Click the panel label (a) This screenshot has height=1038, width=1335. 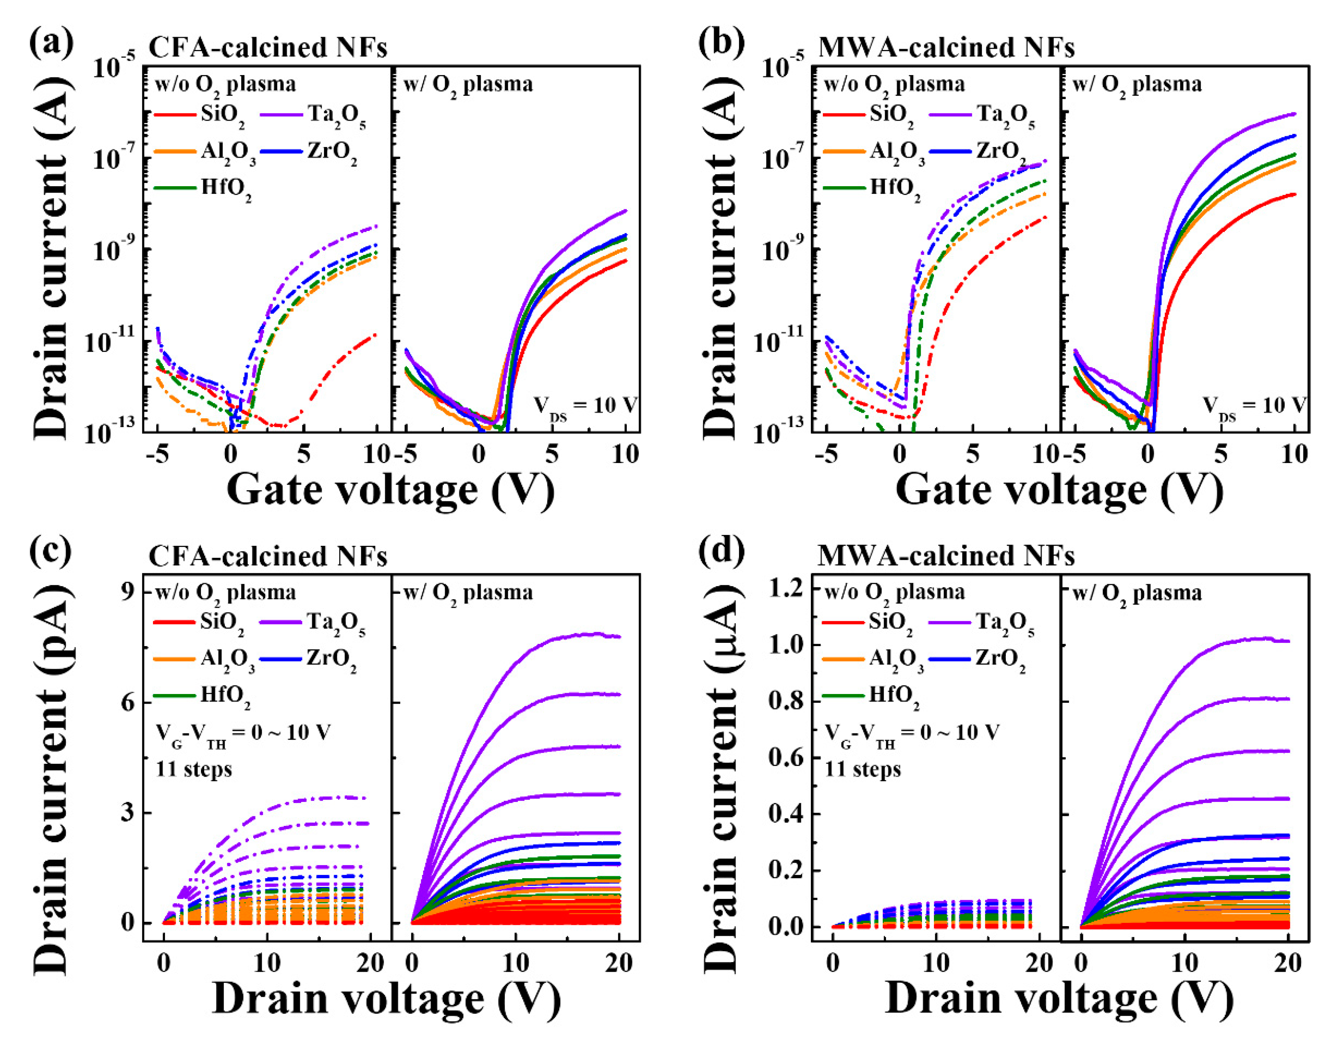[52, 44]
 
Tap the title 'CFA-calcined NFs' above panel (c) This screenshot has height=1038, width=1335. [268, 556]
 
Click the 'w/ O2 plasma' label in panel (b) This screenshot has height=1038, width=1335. [1137, 84]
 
